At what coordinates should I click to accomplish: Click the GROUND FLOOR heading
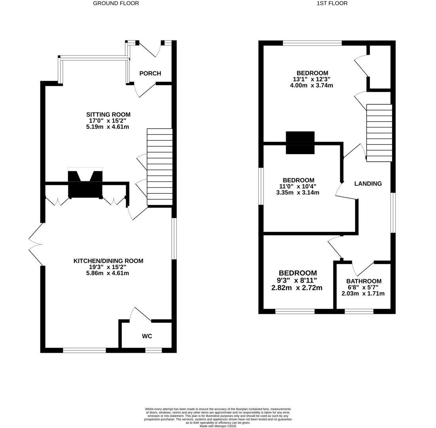[116, 3]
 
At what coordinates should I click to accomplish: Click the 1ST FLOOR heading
[332, 3]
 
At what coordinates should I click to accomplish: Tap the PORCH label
[150, 73]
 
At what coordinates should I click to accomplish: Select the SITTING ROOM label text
[108, 115]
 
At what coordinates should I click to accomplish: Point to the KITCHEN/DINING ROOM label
[108, 261]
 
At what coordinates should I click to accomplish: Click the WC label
[147, 336]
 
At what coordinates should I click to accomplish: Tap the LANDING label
[368, 183]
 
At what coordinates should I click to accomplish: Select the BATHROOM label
[364, 281]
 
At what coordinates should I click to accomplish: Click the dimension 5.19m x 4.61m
[108, 127]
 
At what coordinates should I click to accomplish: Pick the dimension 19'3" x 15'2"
[108, 267]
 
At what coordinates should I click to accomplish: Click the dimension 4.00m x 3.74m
[311, 85]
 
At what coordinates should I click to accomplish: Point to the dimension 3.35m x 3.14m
[298, 193]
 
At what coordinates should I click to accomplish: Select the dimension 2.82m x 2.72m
[297, 288]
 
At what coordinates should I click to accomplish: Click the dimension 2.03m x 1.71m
[363, 294]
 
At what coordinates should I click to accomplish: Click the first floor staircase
[379, 133]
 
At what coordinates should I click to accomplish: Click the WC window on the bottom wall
[154, 350]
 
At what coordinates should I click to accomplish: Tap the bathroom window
[359, 311]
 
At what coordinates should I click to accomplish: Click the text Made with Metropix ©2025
[218, 426]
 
